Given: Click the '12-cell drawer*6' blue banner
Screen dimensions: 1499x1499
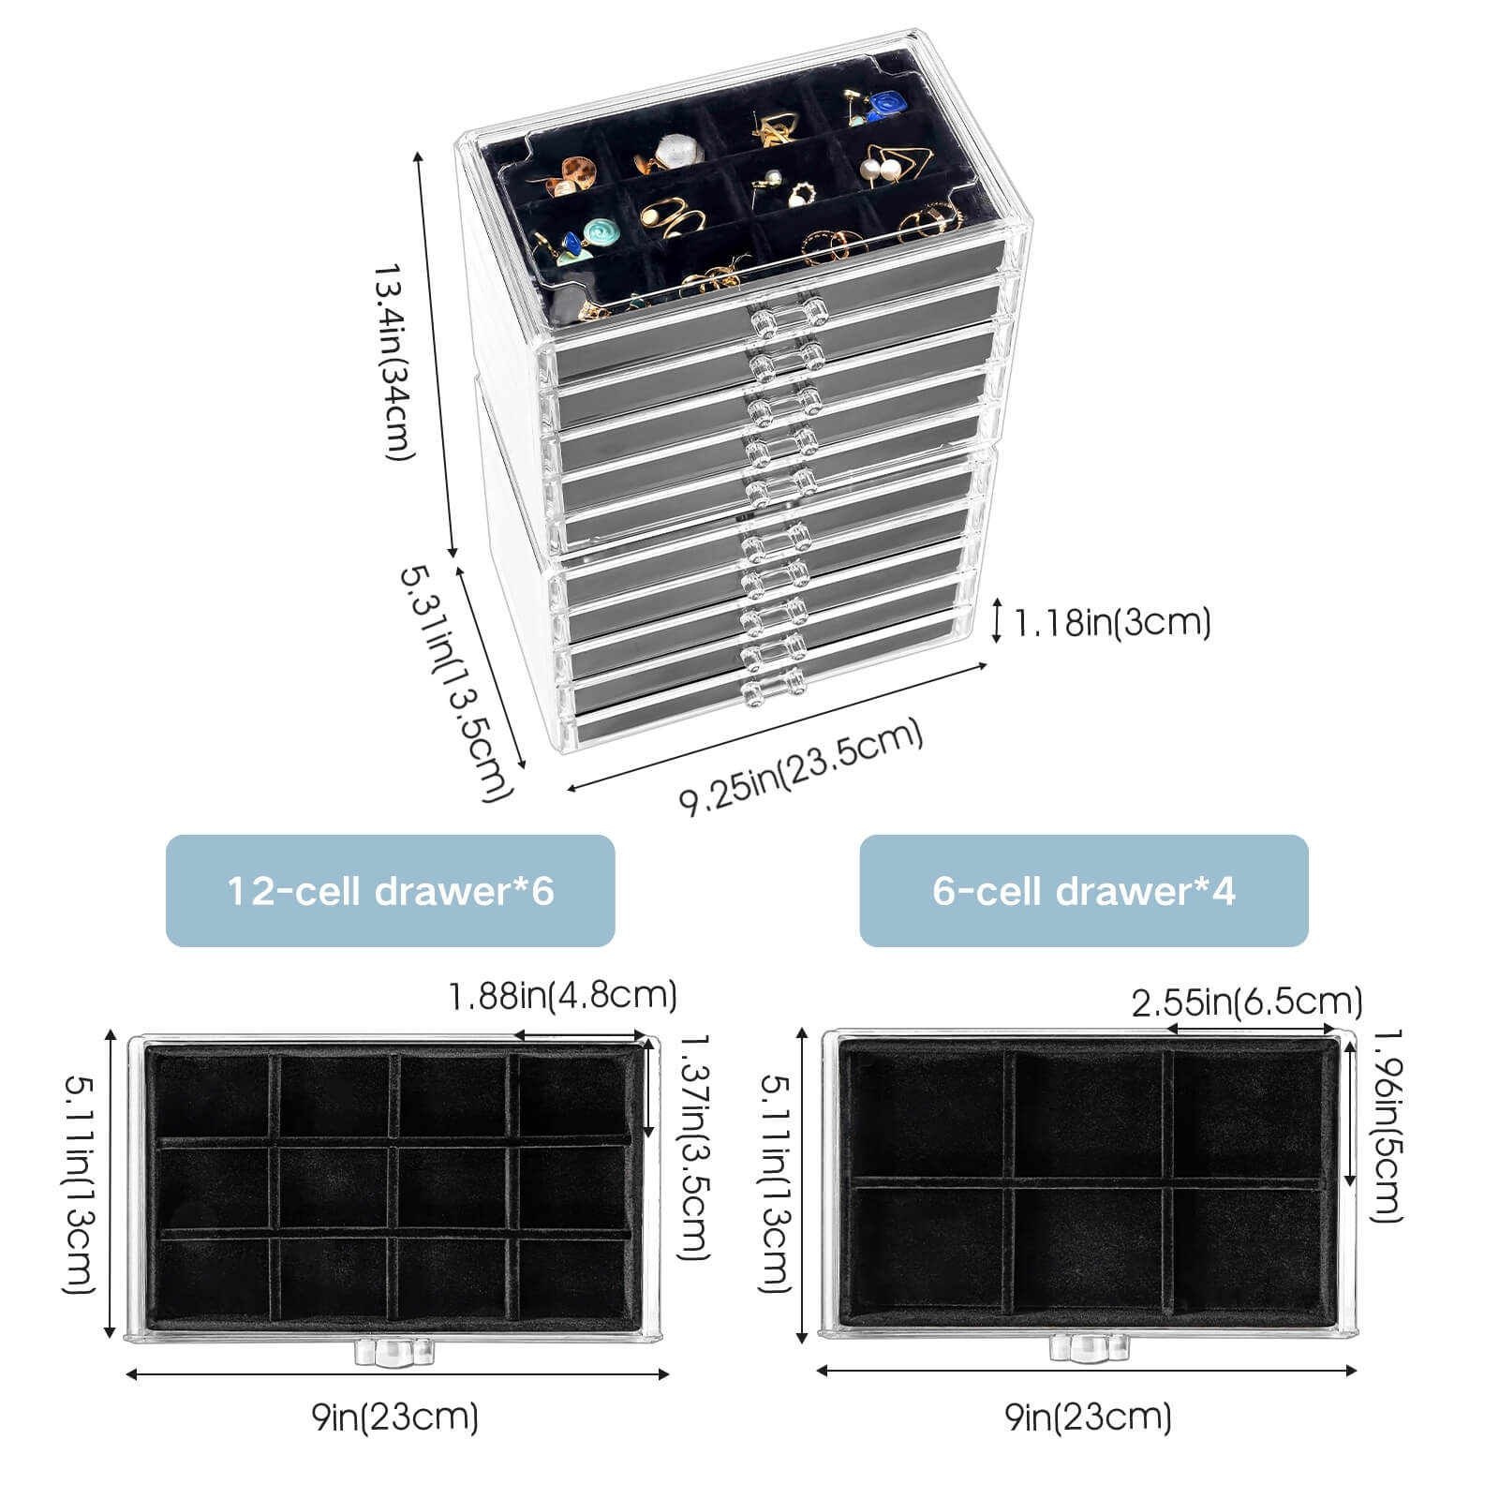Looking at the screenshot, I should click(x=390, y=890).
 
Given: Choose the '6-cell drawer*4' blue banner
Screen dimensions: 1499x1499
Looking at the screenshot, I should click(x=1083, y=890).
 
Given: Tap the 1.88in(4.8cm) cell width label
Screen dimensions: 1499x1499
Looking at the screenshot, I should click(x=562, y=995).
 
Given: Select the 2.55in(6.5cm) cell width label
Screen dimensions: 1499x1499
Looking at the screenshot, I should click(x=1246, y=1003).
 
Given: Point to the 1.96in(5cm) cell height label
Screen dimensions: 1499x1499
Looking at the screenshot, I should click(x=1387, y=1124).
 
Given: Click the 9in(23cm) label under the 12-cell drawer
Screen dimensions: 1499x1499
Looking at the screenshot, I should click(x=395, y=1417).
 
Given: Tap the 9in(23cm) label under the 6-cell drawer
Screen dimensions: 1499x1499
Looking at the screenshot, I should click(x=1089, y=1417).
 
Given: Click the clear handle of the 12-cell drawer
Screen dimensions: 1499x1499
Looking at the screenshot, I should click(x=394, y=1350).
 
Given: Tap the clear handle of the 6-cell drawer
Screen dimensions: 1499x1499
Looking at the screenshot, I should click(x=1090, y=1347).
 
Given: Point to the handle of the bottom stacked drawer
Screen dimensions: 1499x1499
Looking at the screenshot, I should click(x=774, y=686).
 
